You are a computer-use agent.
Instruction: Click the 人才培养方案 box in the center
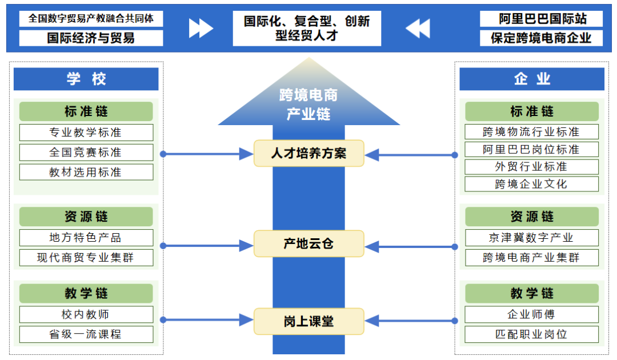click(308, 153)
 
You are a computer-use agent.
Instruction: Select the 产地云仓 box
click(308, 244)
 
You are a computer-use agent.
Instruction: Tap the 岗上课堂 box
click(308, 321)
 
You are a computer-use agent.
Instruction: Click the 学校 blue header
click(86, 79)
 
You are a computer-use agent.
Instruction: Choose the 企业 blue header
click(531, 79)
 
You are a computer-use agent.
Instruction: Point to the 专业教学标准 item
click(86, 133)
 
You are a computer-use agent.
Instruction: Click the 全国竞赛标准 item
click(86, 153)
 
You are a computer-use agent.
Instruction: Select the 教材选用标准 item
click(86, 172)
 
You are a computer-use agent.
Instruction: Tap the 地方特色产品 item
click(86, 238)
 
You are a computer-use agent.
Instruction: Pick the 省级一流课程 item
click(86, 334)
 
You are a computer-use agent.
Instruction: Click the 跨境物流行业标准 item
click(531, 132)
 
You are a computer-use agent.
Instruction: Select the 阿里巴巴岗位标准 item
click(531, 150)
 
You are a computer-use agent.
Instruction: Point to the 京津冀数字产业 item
click(531, 238)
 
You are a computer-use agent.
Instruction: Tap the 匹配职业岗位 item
click(531, 334)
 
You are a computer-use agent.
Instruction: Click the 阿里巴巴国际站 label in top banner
click(542, 19)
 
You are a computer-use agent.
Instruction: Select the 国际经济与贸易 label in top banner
click(91, 38)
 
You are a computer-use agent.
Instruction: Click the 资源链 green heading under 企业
click(531, 217)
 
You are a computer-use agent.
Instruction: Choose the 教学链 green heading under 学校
click(86, 294)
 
